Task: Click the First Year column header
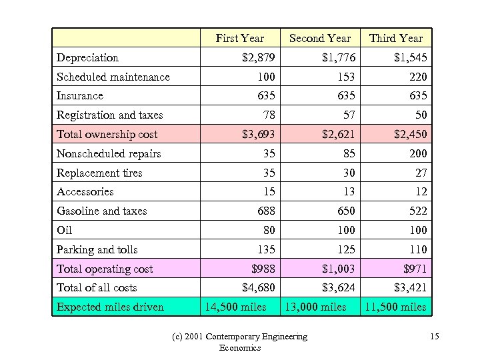pyautogui.click(x=239, y=39)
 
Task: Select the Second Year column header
pyautogui.click(x=319, y=39)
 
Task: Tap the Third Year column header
pyautogui.click(x=396, y=39)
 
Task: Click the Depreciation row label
pyautogui.click(x=87, y=58)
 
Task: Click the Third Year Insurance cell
pyautogui.click(x=417, y=96)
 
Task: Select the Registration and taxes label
pyautogui.click(x=109, y=115)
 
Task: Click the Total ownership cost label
pyautogui.click(x=107, y=135)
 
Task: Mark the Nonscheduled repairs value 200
pyautogui.click(x=417, y=154)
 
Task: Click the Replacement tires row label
pyautogui.click(x=99, y=173)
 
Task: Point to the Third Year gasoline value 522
pyautogui.click(x=417, y=211)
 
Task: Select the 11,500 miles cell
pyautogui.click(x=394, y=307)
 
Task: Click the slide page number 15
pyautogui.click(x=434, y=337)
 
